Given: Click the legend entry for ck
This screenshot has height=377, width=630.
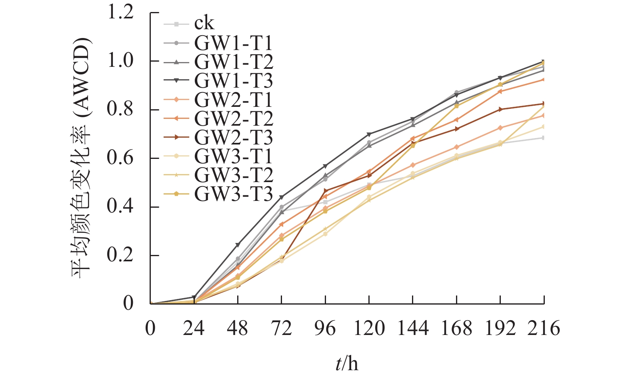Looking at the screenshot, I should [x=204, y=24].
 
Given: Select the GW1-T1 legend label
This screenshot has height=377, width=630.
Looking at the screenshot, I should [x=233, y=43].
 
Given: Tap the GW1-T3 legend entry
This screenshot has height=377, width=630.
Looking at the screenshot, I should [x=233, y=80].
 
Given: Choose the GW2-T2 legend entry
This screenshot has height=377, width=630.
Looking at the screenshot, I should [x=233, y=118].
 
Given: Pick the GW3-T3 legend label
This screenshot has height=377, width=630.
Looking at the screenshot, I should [x=233, y=194].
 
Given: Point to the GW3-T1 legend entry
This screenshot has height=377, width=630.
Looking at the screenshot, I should [x=233, y=156].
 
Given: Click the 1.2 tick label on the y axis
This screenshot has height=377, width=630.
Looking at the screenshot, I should [x=120, y=12].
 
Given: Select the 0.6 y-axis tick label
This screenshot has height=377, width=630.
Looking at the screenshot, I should [x=120, y=158].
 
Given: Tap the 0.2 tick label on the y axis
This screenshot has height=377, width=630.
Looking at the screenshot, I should [x=120, y=255].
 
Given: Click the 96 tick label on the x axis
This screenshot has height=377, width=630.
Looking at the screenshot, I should [x=325, y=329].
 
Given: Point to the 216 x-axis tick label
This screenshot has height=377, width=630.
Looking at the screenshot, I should [x=544, y=329].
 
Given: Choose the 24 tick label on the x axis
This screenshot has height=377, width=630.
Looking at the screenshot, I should [x=194, y=329].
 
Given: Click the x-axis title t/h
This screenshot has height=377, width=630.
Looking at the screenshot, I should [x=347, y=364].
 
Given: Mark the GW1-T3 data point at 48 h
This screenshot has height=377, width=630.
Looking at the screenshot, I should [x=238, y=245].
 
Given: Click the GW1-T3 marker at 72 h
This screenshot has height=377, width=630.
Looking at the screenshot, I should [x=282, y=197].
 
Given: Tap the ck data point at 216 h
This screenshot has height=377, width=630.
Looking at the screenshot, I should [x=544, y=138].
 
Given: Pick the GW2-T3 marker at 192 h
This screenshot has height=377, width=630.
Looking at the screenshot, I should [x=500, y=109].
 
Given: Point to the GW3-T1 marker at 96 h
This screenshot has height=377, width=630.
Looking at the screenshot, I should [x=325, y=234].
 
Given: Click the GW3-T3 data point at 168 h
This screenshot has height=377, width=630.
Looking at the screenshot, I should [x=456, y=106].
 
